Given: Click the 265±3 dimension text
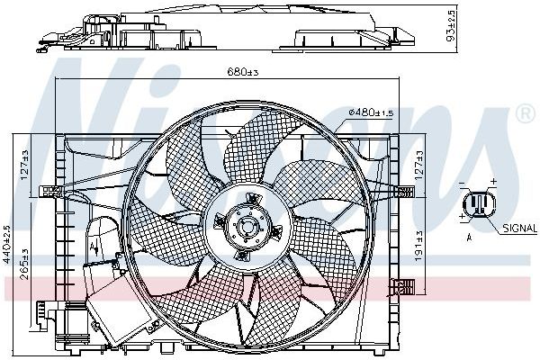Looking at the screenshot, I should coord(25,262).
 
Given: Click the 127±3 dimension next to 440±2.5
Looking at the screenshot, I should coord(25,163).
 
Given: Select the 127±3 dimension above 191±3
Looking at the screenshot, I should coord(420,163).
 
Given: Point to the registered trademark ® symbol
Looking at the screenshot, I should coord(524,114).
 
